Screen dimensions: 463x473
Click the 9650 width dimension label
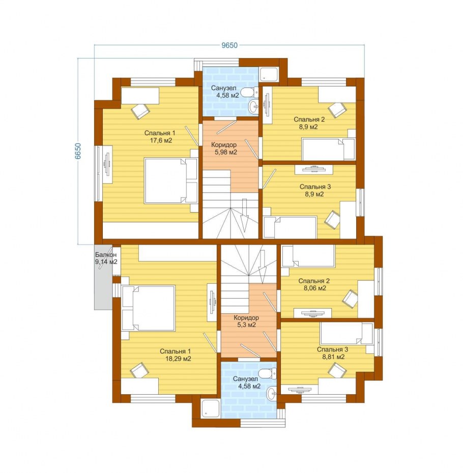click(229, 45)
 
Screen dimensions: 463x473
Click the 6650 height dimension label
click(78, 151)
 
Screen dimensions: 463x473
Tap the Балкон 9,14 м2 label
click(106, 258)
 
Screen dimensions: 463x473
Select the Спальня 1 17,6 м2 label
click(160, 137)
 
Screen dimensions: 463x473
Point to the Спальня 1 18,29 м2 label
click(176, 355)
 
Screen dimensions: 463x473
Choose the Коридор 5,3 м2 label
click(246, 321)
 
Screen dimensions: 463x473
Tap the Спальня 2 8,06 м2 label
click(314, 284)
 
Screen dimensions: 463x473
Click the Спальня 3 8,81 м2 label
click(332, 353)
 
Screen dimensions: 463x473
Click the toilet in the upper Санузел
click(250, 92)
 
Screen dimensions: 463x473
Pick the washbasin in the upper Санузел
click(253, 106)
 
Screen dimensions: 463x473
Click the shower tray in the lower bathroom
click(210, 408)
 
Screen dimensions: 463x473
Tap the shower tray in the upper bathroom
click(269, 74)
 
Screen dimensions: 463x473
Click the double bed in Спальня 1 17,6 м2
click(171, 181)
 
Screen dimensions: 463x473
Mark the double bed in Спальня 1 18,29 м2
click(148, 308)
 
